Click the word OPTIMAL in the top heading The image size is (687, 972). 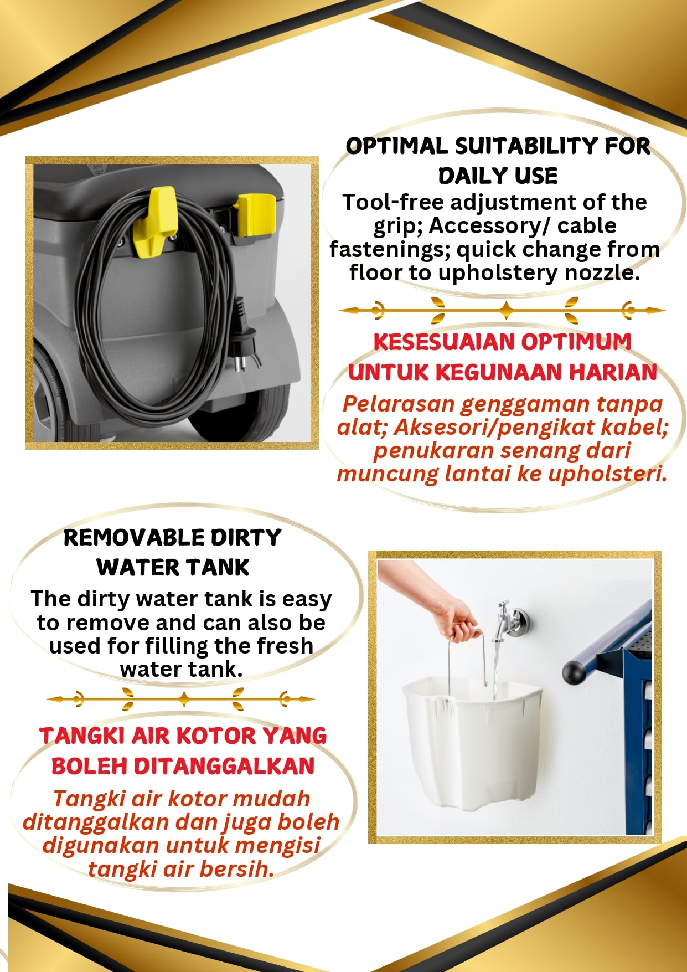click(x=397, y=146)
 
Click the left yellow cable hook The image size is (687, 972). click(x=153, y=223)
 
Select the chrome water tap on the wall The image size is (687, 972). click(x=509, y=620)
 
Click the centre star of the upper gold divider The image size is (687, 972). click(x=505, y=310)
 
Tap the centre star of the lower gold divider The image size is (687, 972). click(x=184, y=699)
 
